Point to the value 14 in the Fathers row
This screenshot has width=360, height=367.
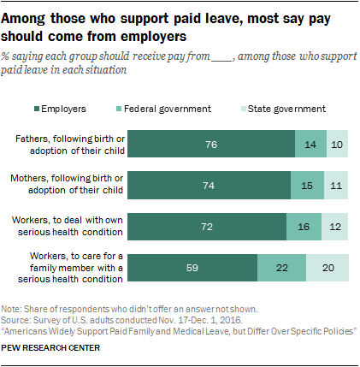tap(310, 144)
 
